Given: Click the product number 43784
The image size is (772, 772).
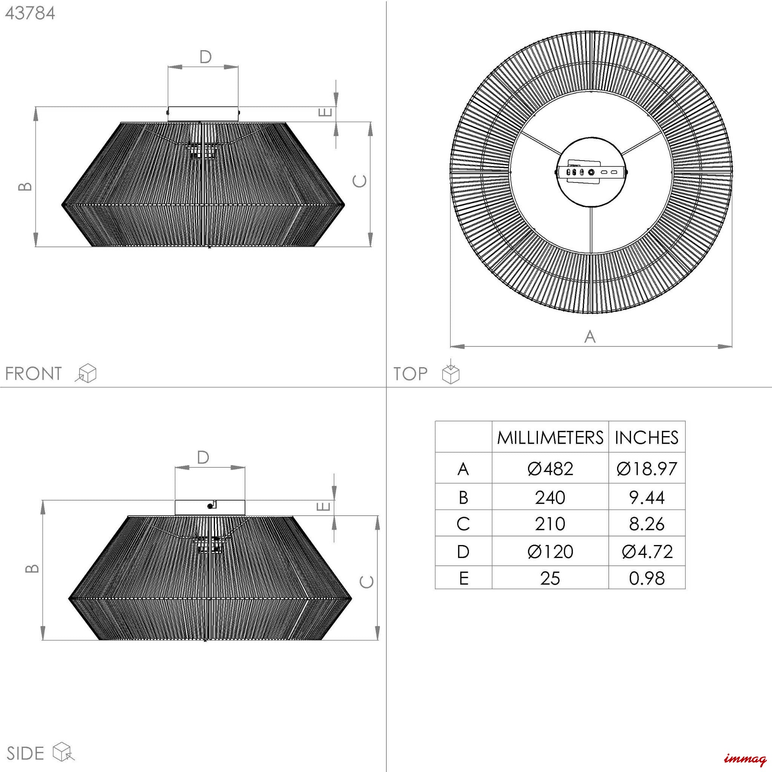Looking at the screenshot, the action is pos(30,14).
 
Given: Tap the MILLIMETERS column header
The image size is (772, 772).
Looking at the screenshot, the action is pos(550,438).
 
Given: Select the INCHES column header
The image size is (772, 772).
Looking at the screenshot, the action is pos(646,438).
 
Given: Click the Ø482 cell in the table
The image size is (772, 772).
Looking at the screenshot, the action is pos(550,469).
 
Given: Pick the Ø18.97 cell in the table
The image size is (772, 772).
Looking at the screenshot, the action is pos(646,469).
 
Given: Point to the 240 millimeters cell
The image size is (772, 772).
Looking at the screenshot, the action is pos(550,498).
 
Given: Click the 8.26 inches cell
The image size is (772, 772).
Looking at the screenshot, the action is pos(646,524).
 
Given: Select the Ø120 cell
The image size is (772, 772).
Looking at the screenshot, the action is pos(550,552).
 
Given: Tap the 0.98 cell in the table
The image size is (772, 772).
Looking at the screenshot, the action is pos(646,578).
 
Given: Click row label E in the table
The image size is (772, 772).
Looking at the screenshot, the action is pos(464,578).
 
